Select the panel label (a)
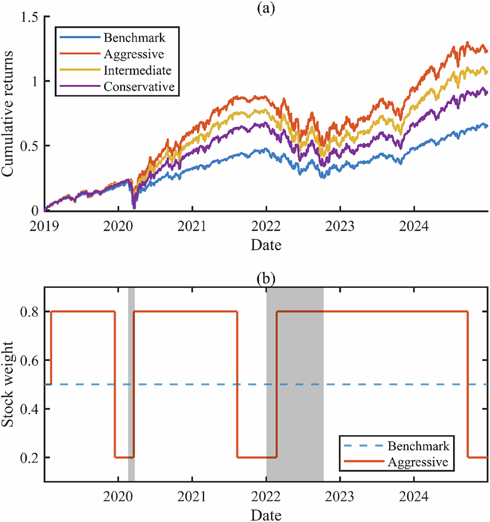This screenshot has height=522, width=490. [266, 7]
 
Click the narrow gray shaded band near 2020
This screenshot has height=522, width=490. [131, 383]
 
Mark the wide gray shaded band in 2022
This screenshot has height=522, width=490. [295, 383]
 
